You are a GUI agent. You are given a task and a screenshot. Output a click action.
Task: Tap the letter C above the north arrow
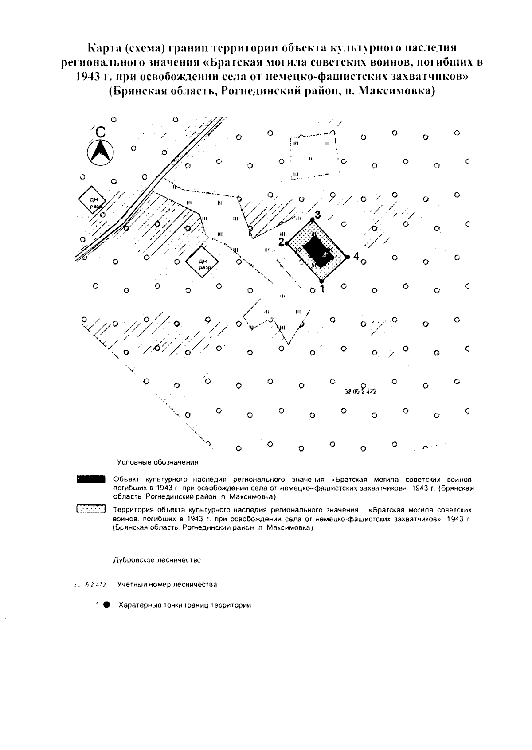pos(101,132)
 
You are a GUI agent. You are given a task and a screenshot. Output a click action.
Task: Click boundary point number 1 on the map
pos(322,281)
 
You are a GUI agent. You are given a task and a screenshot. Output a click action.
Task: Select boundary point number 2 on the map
pos(287,243)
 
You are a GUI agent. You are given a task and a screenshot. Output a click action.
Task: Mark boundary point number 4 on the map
pos(348,257)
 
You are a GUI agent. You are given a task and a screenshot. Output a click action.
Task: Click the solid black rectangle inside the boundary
pos(318,251)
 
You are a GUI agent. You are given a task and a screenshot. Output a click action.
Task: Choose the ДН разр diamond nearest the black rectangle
pos(200,262)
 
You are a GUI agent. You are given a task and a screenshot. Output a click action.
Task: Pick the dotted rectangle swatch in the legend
pos(90,509)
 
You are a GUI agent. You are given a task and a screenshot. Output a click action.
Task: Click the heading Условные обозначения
pos(157,462)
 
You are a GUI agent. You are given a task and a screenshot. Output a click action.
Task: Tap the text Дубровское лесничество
pos(157,560)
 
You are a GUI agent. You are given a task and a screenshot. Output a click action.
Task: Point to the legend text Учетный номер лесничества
pos(167,584)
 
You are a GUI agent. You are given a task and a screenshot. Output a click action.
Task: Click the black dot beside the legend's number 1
pos(107,605)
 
